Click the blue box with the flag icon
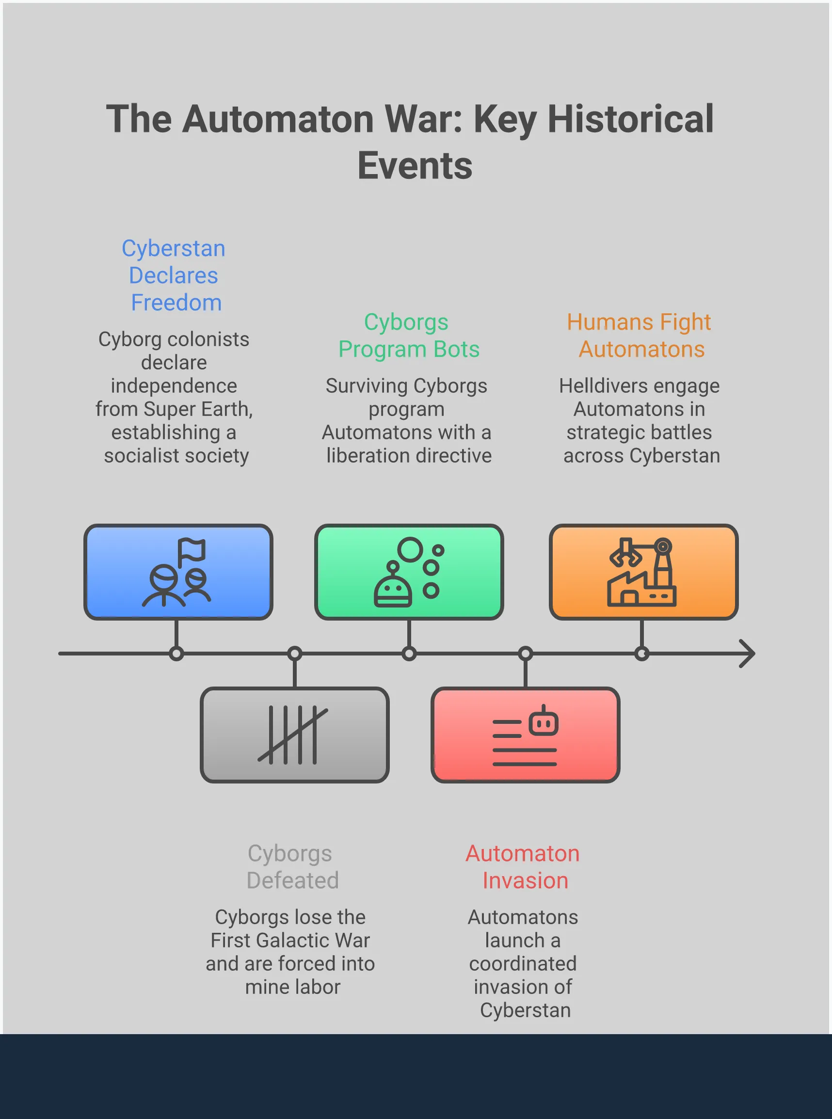pyautogui.click(x=178, y=572)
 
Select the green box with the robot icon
pyautogui.click(x=409, y=572)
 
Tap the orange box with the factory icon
pyautogui.click(x=643, y=572)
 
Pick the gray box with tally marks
pyautogui.click(x=295, y=734)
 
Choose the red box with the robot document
pyautogui.click(x=525, y=734)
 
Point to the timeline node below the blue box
pyautogui.click(x=176, y=654)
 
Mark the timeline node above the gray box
pyautogui.click(x=295, y=654)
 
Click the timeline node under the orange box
pyautogui.click(x=641, y=654)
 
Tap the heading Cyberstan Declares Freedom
pyautogui.click(x=174, y=275)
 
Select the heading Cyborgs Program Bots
pyautogui.click(x=408, y=336)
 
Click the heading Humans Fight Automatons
pyautogui.click(x=640, y=336)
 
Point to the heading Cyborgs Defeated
pyautogui.click(x=291, y=867)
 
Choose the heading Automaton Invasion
pyautogui.click(x=523, y=867)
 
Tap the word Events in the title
pyautogui.click(x=415, y=165)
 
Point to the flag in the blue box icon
pyautogui.click(x=192, y=550)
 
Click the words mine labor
pyautogui.click(x=293, y=987)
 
